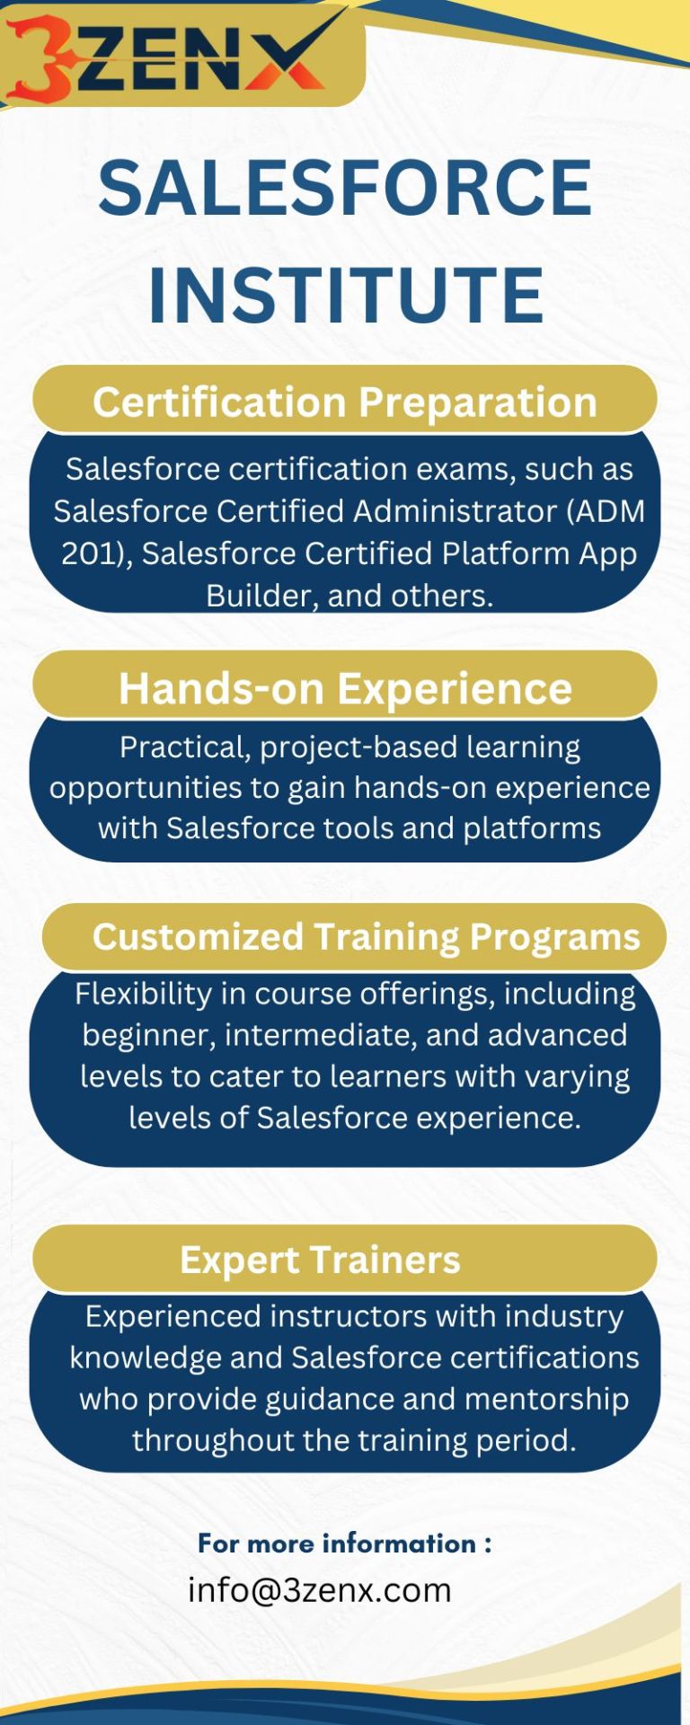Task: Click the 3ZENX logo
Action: click(x=166, y=55)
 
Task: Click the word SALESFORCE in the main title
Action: click(x=345, y=189)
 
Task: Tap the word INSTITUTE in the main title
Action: click(x=345, y=295)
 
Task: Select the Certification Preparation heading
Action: click(x=345, y=402)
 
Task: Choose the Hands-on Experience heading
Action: click(x=345, y=688)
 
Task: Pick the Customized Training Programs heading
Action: click(x=366, y=937)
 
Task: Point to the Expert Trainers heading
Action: click(x=320, y=1260)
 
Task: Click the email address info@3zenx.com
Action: click(x=319, y=1589)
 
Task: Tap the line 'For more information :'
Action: click(x=345, y=1543)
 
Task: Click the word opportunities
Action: click(x=146, y=789)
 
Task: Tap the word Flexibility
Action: click(x=143, y=995)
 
